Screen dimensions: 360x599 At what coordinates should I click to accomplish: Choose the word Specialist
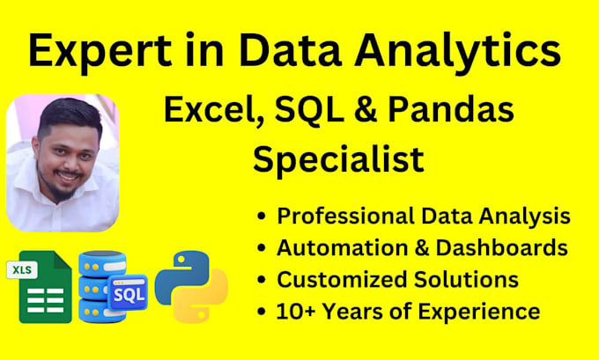pos(338,159)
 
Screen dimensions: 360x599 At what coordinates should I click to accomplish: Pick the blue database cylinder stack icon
pos(100,287)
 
